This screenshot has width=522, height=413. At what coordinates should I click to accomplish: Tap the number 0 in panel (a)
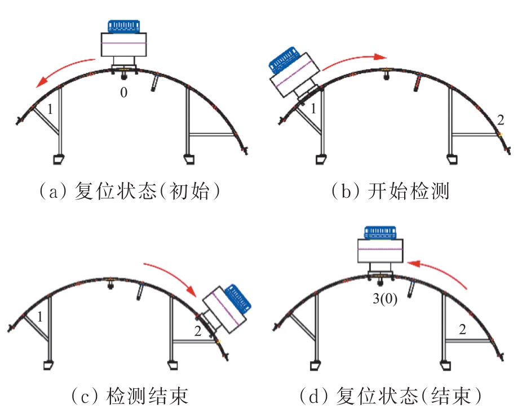pos(123,92)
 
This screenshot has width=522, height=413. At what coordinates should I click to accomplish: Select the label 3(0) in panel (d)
pos(386,300)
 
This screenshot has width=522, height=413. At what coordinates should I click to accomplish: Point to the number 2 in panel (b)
pos(501,118)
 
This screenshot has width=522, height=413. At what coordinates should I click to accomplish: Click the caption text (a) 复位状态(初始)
pos(128,192)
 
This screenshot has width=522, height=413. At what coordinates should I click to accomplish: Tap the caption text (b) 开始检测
pos(390,192)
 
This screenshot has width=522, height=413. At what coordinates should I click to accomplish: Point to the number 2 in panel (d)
pos(462,330)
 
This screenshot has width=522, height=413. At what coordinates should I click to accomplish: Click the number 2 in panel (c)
pos(197,331)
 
